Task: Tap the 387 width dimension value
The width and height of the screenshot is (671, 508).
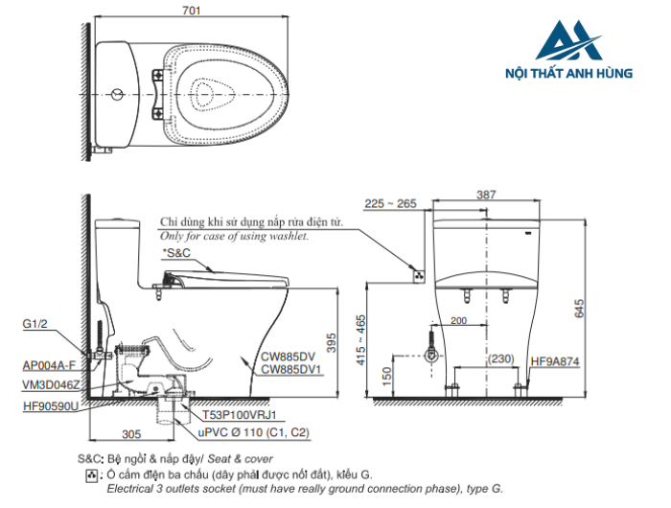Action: (x=486, y=195)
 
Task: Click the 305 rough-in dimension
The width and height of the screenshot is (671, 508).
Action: (x=132, y=432)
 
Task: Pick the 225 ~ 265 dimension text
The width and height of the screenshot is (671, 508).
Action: (x=391, y=203)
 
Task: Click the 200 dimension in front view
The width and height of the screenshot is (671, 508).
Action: (x=458, y=321)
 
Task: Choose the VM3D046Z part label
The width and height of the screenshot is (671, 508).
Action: (x=48, y=383)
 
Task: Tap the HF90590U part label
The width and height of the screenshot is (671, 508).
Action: (x=51, y=406)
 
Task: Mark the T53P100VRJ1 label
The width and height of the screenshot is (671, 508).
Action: (x=239, y=417)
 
